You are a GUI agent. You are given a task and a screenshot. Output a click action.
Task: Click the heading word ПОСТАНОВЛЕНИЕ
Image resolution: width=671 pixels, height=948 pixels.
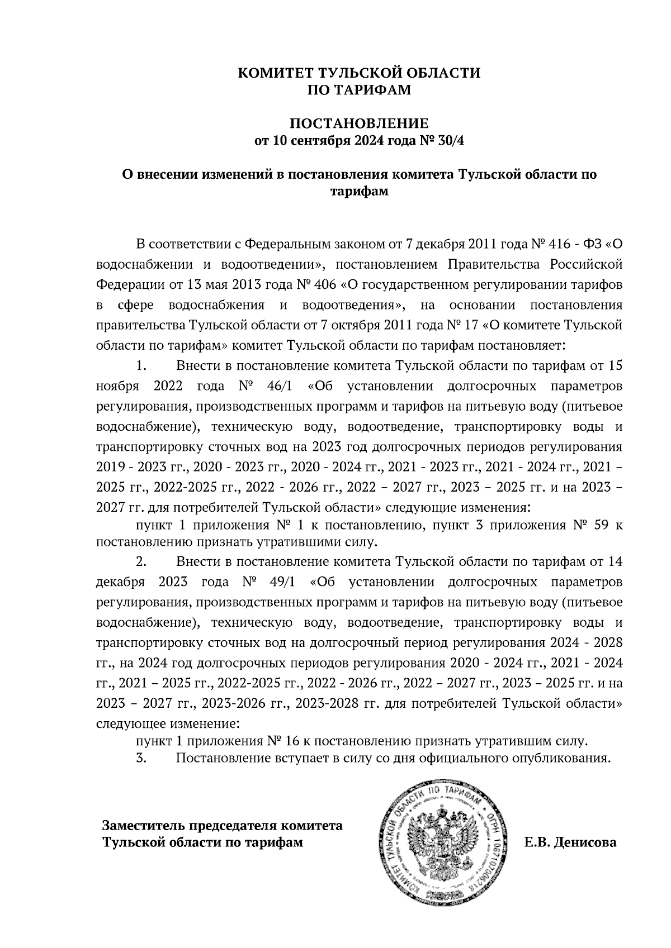(359, 122)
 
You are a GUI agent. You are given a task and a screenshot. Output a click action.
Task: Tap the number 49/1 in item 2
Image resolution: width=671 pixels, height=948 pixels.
(281, 582)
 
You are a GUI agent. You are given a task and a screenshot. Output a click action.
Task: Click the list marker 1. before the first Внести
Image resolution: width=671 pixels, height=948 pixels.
(141, 366)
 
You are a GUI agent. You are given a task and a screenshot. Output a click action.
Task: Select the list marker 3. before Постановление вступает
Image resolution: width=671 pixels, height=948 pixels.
(141, 758)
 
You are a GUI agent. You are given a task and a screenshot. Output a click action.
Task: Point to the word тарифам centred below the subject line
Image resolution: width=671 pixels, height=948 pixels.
(359, 192)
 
